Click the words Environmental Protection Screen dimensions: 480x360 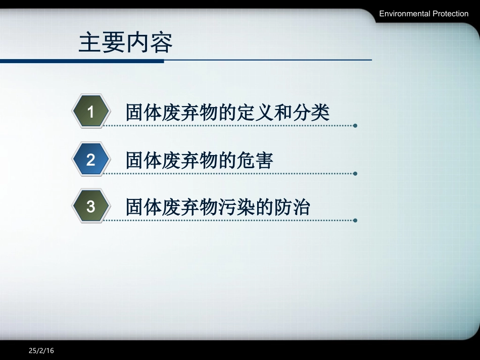(424, 14)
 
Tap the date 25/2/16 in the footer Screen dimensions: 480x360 (41, 350)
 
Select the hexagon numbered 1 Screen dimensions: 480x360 (91, 112)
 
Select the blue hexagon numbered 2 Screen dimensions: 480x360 (91, 160)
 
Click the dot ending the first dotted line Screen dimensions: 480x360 (355, 126)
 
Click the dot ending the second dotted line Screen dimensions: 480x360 (355, 174)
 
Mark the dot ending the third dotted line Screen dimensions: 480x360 (355, 221)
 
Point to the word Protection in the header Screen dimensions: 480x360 (451, 14)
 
